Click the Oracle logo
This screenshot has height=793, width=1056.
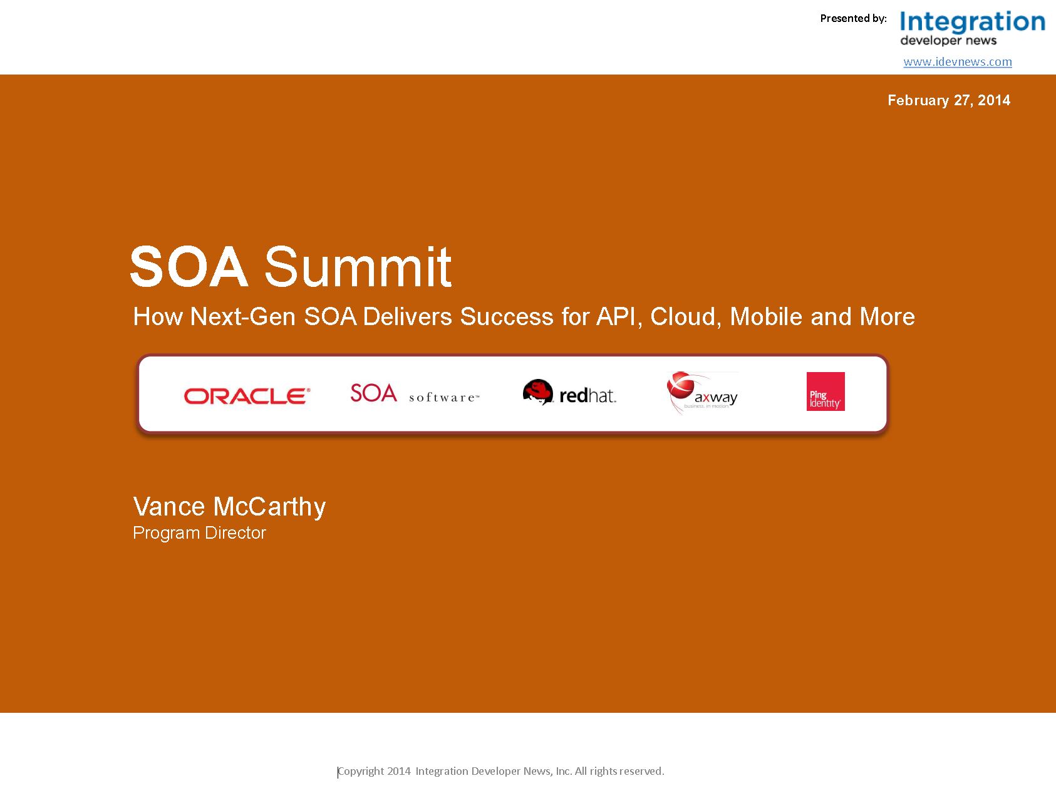click(247, 396)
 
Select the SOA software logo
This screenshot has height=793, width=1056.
click(415, 393)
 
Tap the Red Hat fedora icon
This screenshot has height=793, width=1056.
click(538, 391)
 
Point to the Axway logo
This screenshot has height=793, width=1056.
click(703, 393)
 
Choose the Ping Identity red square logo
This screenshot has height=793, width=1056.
click(826, 391)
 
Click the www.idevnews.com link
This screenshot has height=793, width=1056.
click(958, 61)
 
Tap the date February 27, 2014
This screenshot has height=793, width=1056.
click(949, 100)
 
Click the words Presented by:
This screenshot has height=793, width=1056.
click(854, 19)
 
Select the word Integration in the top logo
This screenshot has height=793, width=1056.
click(973, 23)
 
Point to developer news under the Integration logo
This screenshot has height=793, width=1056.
click(948, 41)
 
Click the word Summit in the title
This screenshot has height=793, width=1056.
click(358, 266)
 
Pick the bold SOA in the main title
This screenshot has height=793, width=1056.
click(189, 266)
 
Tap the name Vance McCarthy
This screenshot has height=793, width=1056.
click(229, 507)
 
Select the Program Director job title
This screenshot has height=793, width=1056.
click(199, 533)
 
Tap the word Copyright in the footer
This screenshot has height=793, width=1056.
click(361, 771)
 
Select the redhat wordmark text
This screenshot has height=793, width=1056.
click(588, 395)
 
